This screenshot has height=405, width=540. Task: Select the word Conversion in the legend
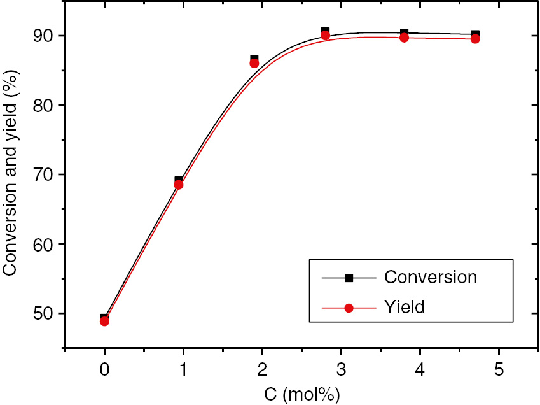430,278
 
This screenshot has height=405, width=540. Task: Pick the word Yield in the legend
404,308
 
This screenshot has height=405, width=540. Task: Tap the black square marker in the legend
349,278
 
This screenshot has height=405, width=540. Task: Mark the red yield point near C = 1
179,185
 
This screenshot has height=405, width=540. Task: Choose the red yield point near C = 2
254,63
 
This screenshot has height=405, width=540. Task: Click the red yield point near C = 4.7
474,39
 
